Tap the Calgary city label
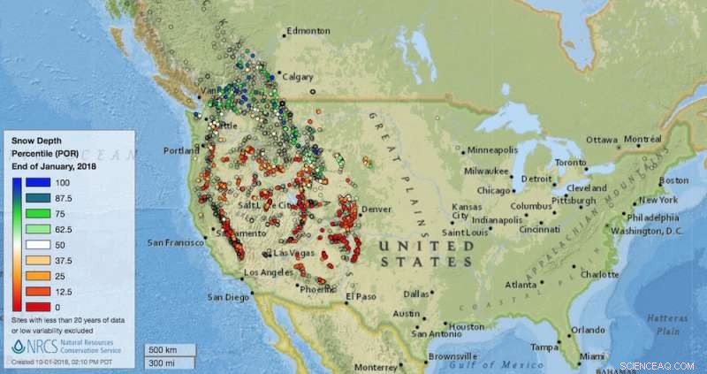[299, 77]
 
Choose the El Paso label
[361, 296]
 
